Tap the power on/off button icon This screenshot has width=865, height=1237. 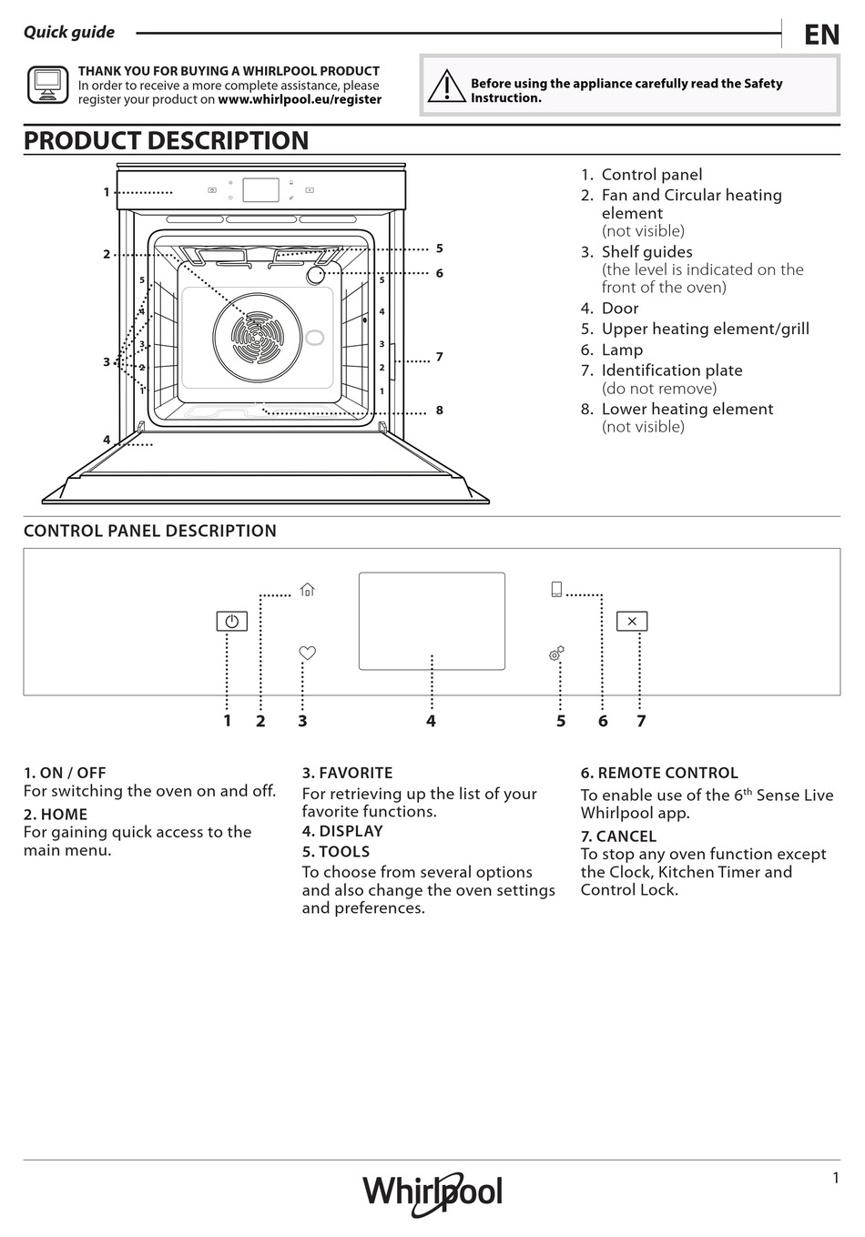pos(231,622)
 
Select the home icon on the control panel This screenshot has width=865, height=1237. pos(308,590)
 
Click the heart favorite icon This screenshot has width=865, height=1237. pos(308,653)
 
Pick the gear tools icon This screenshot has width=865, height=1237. pos(556,654)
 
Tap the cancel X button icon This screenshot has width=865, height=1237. pos(632,621)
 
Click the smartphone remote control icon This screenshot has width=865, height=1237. pos(556,589)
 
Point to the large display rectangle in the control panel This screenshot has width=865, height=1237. pos(432,621)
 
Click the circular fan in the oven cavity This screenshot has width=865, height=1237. pos(256,337)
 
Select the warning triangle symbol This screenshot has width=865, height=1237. pos(447,86)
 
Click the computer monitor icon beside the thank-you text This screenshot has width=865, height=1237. pos(47,85)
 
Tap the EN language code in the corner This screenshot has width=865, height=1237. pos(821,35)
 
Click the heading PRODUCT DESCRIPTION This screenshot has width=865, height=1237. pos(166,141)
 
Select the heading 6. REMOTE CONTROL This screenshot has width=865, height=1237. pos(659,773)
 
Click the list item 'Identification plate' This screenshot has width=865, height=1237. pos(671,370)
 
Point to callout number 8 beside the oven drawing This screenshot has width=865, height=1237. pos(439,411)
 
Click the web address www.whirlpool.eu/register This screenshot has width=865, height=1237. pos(300,100)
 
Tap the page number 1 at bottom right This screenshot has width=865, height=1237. pos(835,1178)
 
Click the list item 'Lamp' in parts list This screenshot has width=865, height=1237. pos(622,350)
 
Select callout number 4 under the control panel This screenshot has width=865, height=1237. pos(431,721)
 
